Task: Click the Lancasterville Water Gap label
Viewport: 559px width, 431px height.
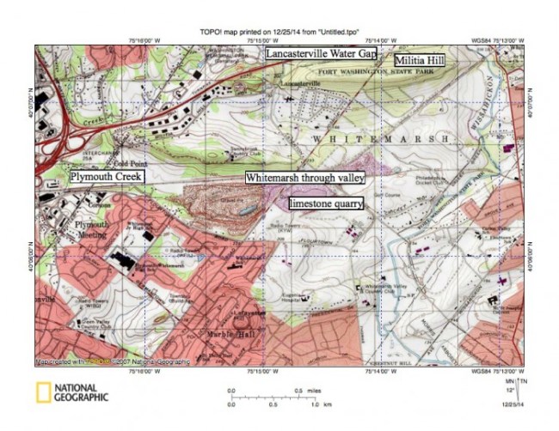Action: tap(320, 53)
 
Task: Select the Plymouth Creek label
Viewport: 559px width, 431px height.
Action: tap(107, 176)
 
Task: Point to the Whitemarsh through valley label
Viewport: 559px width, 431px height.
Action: tap(305, 178)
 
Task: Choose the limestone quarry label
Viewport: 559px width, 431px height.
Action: tap(326, 203)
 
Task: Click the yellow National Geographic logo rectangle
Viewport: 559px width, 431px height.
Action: tap(43, 392)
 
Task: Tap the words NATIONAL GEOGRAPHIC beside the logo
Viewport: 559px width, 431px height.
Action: tap(81, 392)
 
